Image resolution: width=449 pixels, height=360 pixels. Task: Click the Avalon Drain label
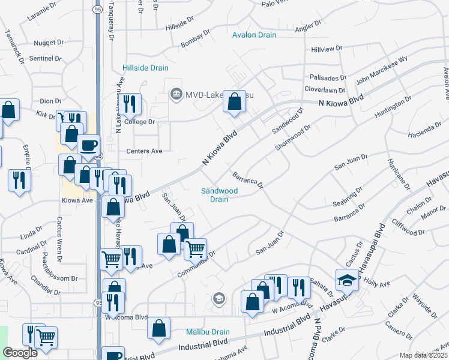tap(255, 35)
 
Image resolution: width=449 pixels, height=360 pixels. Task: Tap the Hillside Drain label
tap(145, 68)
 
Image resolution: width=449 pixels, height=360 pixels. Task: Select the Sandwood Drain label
tap(219, 195)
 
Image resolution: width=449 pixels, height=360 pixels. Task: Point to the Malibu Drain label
tap(212, 332)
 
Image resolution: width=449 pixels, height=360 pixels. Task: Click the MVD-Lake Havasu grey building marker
tap(176, 94)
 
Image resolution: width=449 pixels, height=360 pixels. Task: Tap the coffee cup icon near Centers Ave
tap(89, 146)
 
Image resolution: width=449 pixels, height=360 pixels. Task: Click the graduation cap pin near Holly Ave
tap(347, 280)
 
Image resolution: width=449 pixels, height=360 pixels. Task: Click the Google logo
tap(20, 353)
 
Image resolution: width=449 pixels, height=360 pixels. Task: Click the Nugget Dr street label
tap(49, 43)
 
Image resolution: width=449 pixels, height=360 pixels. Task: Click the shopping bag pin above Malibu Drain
tap(158, 328)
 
